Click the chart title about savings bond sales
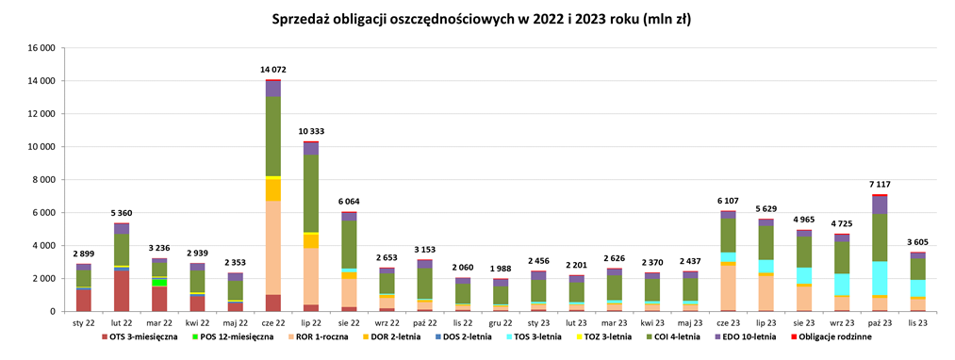(477, 19)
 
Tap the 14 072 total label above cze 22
(272, 70)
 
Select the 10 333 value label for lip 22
(310, 131)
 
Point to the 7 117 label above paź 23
(879, 184)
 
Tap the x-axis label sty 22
(84, 322)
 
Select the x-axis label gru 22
(500, 322)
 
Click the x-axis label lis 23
(916, 322)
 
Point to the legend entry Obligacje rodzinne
(833, 336)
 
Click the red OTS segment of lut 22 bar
(122, 291)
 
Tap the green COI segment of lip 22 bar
(310, 193)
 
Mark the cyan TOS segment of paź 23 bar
(879, 278)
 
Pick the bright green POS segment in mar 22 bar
(159, 282)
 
